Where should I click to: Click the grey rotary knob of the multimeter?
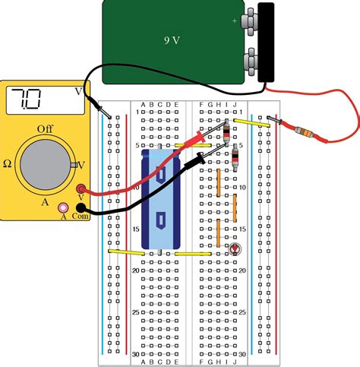coord(47,163)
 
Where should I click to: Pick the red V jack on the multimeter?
coord(82,188)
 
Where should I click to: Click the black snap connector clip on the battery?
coord(266,42)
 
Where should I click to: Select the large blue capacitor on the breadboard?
coord(161,199)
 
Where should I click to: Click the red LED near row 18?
coord(235,248)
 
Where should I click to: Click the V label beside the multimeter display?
coord(79,89)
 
